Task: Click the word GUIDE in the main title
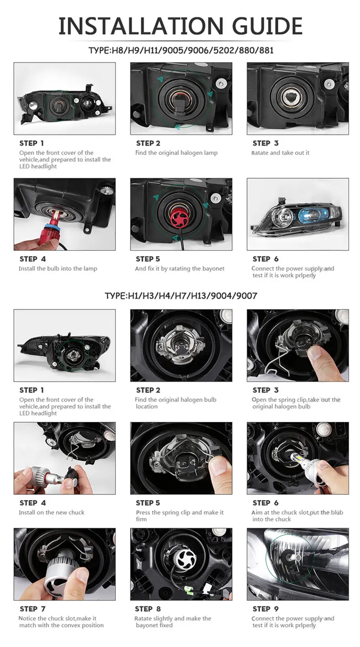(267, 26)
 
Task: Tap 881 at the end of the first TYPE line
(266, 51)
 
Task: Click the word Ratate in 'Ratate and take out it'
(260, 153)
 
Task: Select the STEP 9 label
(266, 609)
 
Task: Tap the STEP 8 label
(148, 609)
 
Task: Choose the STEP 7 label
(33, 609)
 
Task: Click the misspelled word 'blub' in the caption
(337, 512)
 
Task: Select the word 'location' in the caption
(147, 406)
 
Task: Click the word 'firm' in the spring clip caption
(141, 519)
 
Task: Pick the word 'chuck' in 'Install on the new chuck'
(77, 512)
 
